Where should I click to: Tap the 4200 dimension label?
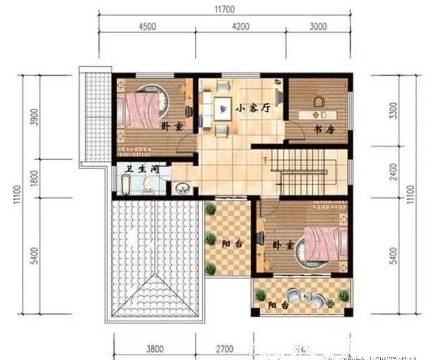(x=240, y=26)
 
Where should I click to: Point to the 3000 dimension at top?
(x=318, y=26)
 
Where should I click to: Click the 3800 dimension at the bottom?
(x=155, y=349)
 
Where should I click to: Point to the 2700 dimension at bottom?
(x=224, y=349)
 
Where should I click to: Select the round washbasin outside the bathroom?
(x=182, y=188)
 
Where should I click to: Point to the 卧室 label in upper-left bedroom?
(x=171, y=126)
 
